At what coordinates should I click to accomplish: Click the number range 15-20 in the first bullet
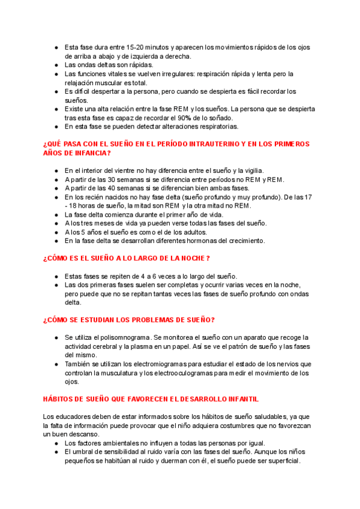[137, 47]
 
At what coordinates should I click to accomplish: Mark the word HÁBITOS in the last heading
[58, 399]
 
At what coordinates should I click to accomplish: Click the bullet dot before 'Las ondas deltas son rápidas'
[56, 65]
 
